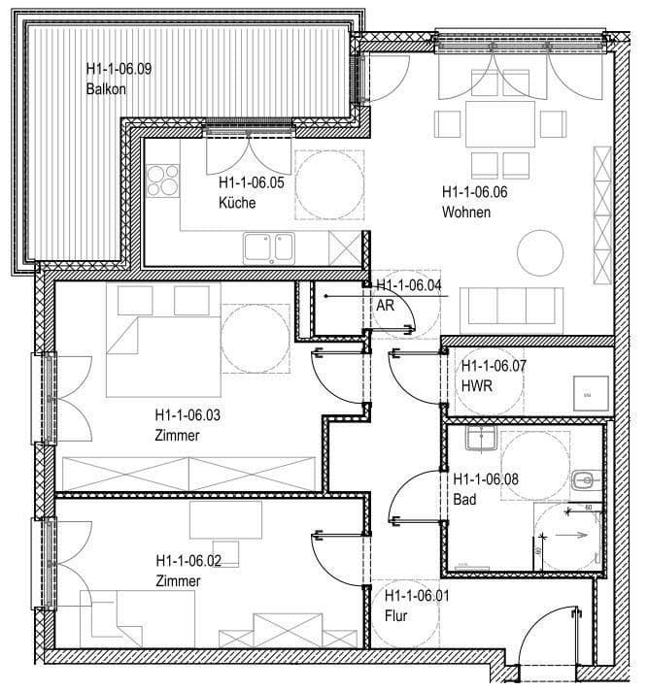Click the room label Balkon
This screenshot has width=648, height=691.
pos(106,89)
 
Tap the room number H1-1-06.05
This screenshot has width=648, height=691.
pos(251,182)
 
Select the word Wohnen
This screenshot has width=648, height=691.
pos(466,212)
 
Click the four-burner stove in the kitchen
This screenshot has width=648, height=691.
pos(163,181)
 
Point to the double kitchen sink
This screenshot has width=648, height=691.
pos(269,247)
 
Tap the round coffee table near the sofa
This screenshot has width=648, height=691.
pos(539,252)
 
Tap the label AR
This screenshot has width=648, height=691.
pos(384,304)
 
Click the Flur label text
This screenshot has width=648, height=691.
pos(395,616)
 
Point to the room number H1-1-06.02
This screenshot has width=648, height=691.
pos(188,561)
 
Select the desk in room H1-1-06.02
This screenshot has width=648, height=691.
pos(225,519)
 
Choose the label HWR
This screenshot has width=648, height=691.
pos(474,385)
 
